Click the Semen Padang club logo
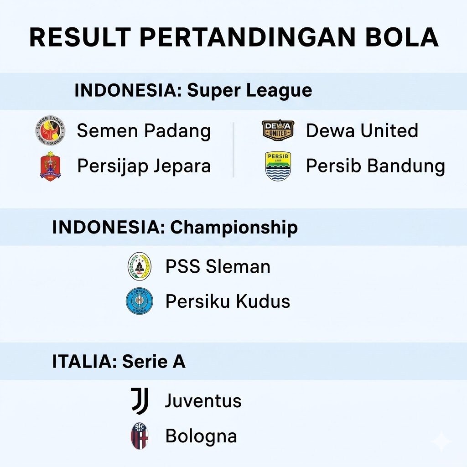point(51,130)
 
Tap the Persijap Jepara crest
point(50,166)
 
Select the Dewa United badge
point(278,130)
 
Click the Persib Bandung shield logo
point(278,166)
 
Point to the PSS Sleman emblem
point(139,266)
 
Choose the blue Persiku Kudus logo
point(139,301)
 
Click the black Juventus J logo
point(140,401)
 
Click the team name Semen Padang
point(144,131)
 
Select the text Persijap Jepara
point(144,166)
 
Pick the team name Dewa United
point(362,131)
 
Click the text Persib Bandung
point(375,166)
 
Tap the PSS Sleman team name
point(218,267)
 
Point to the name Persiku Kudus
point(228,301)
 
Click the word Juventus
point(203,401)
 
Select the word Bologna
point(201,436)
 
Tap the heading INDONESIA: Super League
point(193,90)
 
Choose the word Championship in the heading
point(234,227)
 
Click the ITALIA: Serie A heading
point(119,362)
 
